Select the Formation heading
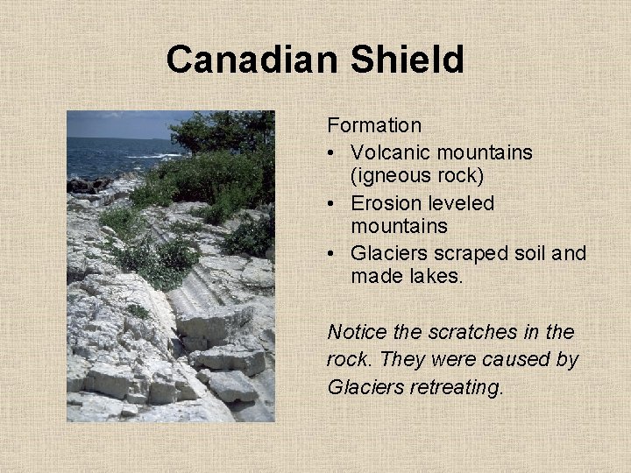point(374,126)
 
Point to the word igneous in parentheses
point(392,177)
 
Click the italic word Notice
point(356,332)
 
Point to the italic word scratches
point(465,332)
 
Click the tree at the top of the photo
point(223,131)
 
